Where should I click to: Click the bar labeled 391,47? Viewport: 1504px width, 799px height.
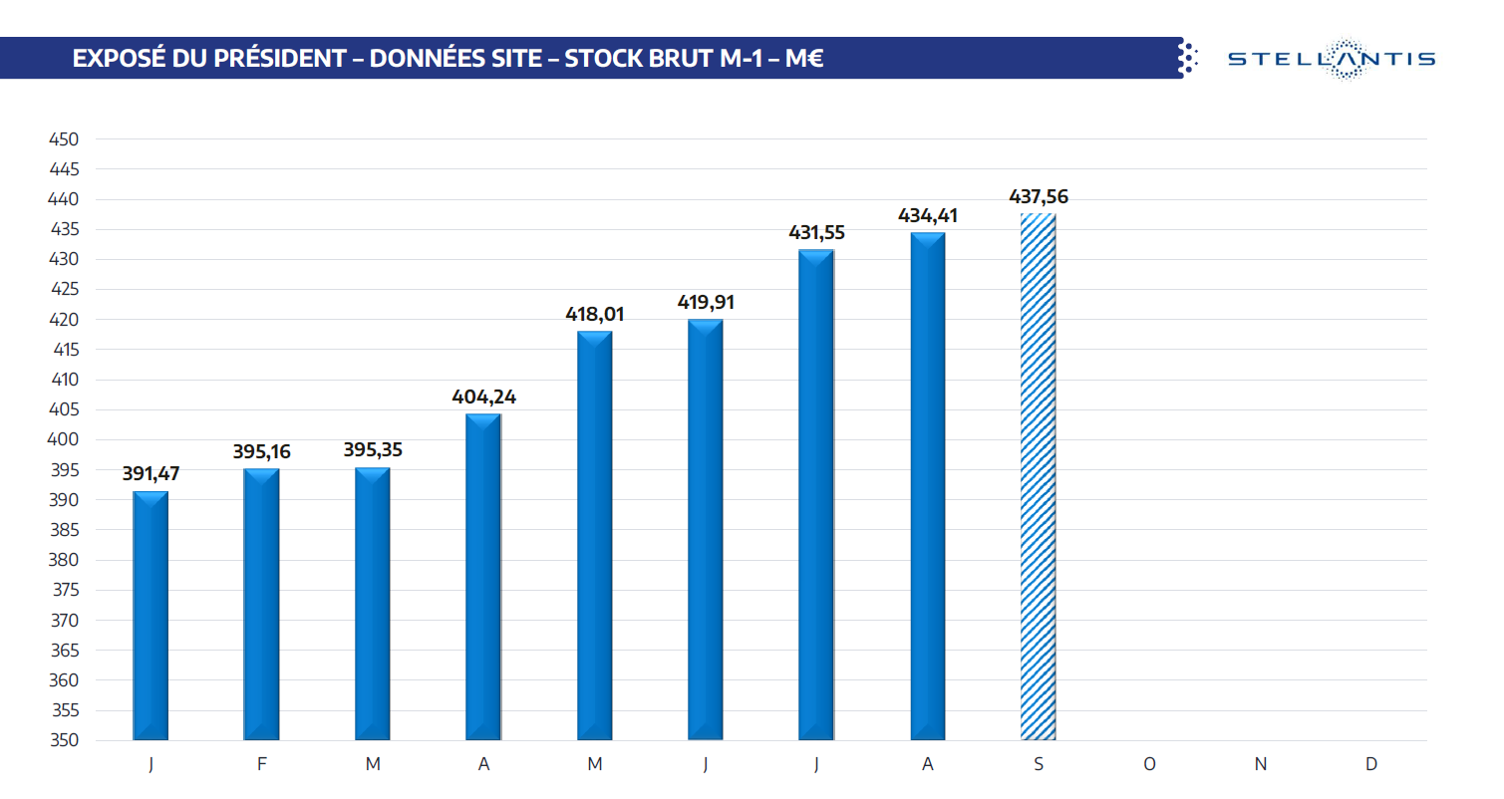[x=150, y=616]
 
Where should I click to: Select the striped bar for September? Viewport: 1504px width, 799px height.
[x=1038, y=477]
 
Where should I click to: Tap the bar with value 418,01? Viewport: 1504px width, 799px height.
[x=595, y=536]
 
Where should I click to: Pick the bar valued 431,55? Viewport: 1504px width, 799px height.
[x=816, y=495]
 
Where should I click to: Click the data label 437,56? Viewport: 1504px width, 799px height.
[x=1038, y=196]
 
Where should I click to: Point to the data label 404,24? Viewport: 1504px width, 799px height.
[x=484, y=397]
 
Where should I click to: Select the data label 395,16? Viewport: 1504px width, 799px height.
[x=262, y=452]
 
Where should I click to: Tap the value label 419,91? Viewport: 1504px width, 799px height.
[x=706, y=303]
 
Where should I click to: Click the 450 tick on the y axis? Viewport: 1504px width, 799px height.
[x=64, y=139]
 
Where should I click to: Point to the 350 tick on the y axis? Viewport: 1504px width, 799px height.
[x=64, y=741]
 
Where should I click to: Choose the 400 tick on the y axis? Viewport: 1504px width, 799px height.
[x=64, y=440]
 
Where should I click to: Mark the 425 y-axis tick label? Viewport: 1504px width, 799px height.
[x=64, y=290]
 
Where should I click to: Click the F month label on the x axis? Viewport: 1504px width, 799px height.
[x=262, y=764]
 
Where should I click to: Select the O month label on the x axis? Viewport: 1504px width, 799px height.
[x=1149, y=764]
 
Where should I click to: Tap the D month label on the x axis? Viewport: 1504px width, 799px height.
[x=1371, y=764]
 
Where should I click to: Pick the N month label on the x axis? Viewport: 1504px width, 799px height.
[x=1260, y=764]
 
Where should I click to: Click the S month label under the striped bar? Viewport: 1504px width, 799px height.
[x=1039, y=764]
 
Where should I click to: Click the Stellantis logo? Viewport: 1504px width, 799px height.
[x=1331, y=58]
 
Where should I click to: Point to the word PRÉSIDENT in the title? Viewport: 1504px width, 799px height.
[x=267, y=59]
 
